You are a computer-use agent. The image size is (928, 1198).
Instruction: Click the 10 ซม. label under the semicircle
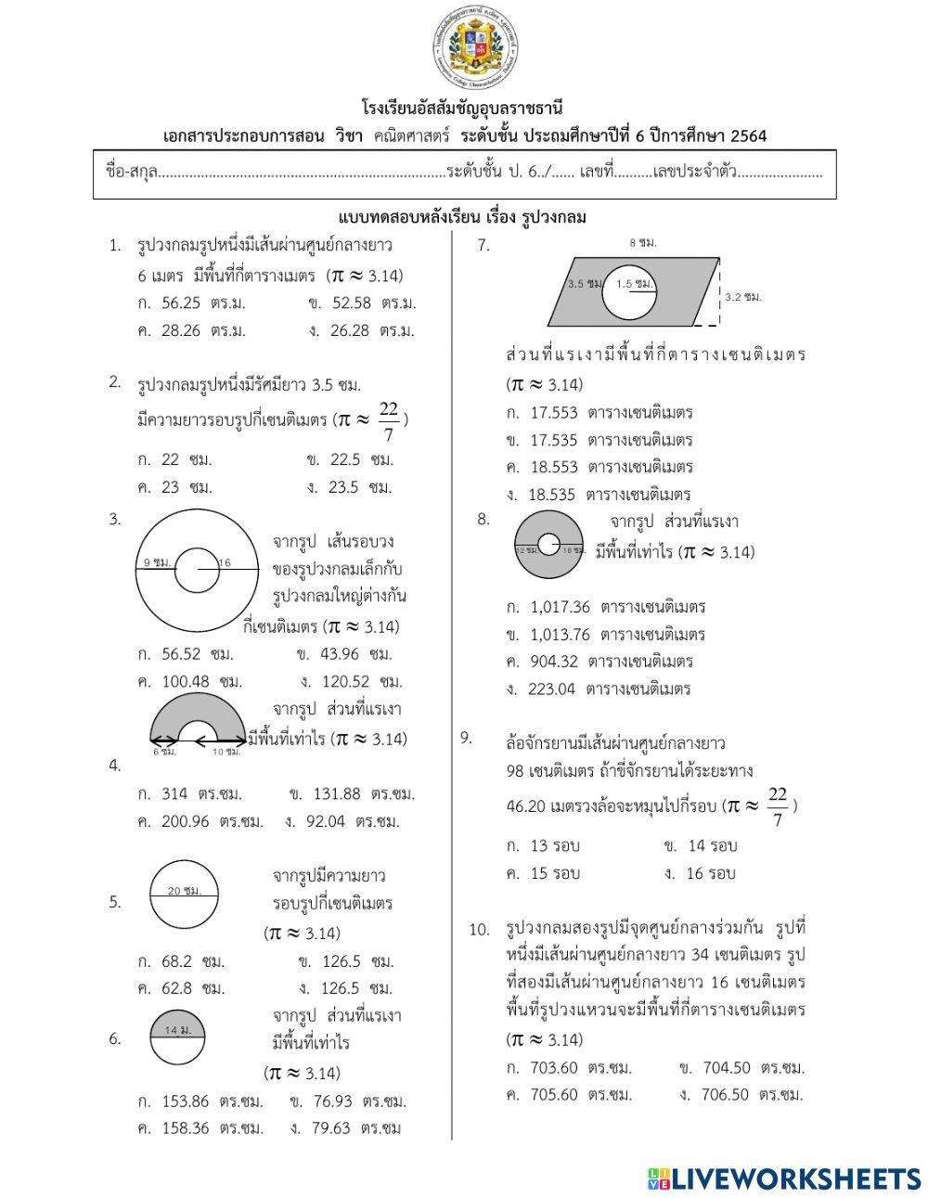click(x=226, y=752)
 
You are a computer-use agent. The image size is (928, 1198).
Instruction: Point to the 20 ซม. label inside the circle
click(x=184, y=891)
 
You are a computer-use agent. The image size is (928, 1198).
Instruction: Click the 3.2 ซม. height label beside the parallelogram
click(x=742, y=297)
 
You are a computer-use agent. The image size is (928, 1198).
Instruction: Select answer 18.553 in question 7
click(x=554, y=468)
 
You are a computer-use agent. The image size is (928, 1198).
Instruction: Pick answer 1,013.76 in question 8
click(x=560, y=635)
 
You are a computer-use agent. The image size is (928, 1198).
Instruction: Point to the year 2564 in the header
click(x=749, y=136)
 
